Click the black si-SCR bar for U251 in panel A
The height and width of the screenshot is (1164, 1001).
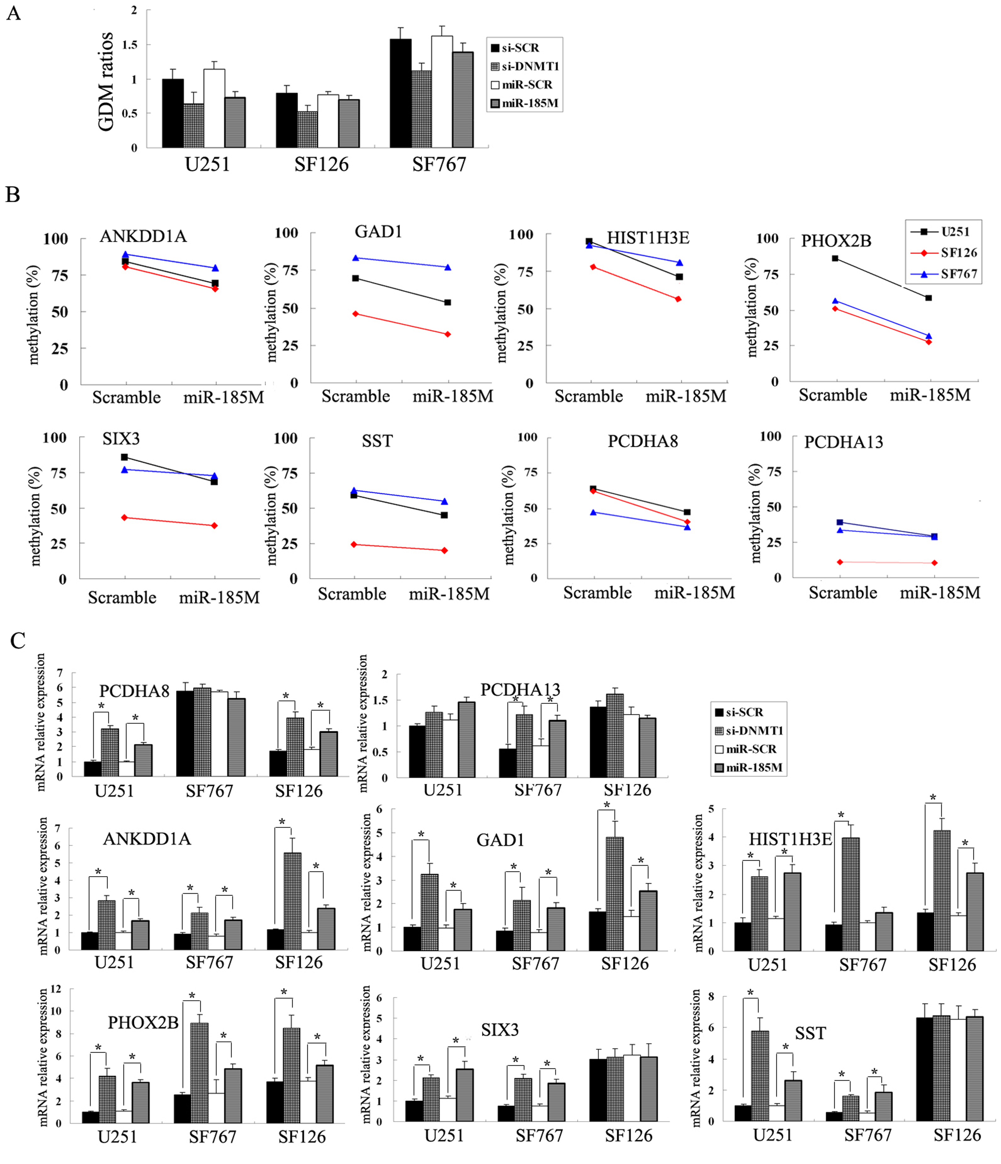[172, 113]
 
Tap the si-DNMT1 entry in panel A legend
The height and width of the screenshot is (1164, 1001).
[525, 66]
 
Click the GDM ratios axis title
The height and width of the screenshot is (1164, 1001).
[105, 82]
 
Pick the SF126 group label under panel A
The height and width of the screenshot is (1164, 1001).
[321, 164]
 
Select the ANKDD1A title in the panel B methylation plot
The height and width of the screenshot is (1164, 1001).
[143, 236]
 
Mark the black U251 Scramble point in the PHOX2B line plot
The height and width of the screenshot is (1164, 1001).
[835, 259]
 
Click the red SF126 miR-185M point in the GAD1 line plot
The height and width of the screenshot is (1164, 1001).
[447, 334]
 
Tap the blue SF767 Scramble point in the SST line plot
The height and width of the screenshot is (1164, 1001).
[354, 490]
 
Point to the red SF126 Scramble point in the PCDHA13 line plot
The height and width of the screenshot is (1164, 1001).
[840, 562]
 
